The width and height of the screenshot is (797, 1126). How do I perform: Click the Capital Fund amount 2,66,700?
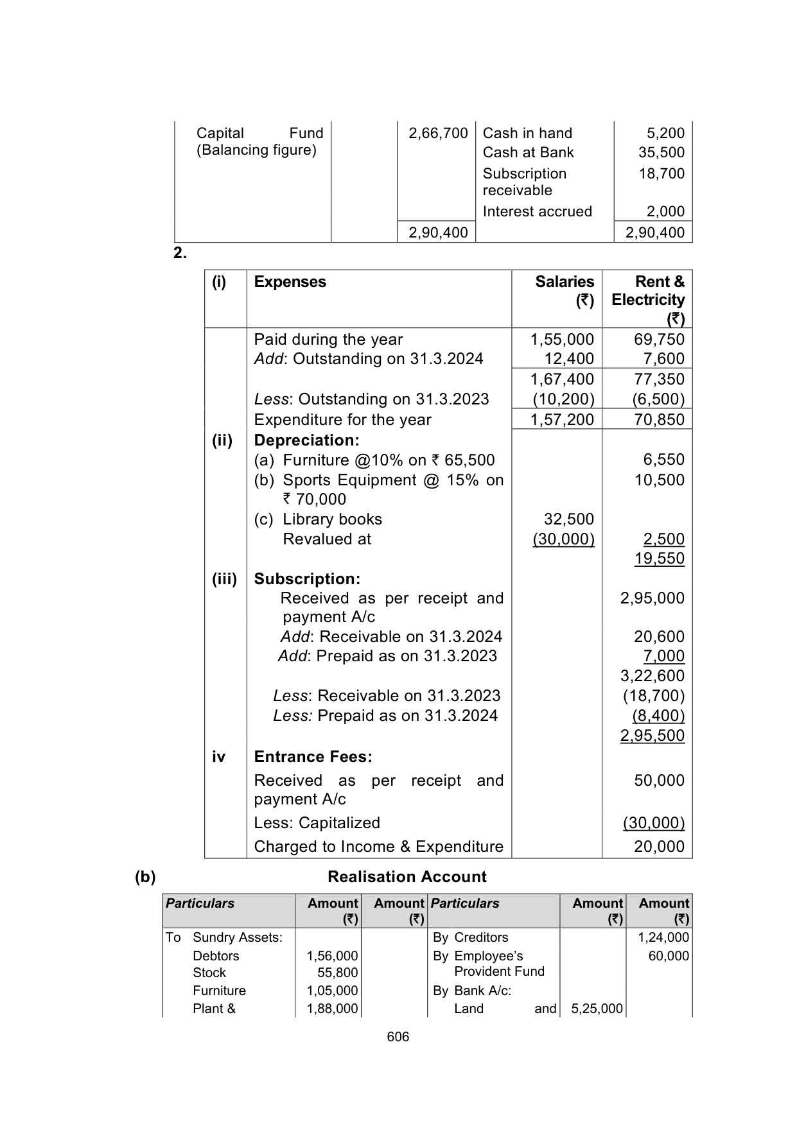tap(438, 134)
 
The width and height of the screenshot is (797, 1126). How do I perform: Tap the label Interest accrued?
tap(537, 212)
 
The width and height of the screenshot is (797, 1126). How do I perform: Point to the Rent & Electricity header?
tap(648, 299)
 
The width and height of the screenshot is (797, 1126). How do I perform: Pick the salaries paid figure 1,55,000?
tap(562, 340)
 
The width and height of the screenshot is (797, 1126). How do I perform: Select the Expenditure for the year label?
tap(342, 420)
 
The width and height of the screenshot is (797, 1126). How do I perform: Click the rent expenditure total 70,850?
tap(659, 420)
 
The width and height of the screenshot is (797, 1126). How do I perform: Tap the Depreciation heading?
tap(306, 440)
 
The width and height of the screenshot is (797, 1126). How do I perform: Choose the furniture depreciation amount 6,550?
tap(663, 460)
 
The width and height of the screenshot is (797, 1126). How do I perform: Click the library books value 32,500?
tap(568, 519)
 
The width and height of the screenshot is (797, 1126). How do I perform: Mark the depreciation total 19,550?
tap(659, 559)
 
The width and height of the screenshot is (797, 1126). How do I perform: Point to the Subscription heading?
tap(307, 579)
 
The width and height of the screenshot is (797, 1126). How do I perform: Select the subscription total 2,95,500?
tap(652, 736)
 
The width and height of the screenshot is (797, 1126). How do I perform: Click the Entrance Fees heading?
tap(313, 757)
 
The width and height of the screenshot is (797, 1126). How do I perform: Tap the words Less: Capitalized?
tap(317, 823)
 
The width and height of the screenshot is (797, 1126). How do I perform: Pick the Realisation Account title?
tap(407, 877)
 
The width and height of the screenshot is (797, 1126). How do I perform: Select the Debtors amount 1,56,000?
tap(332, 956)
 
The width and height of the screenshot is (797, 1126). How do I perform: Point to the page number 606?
tap(398, 1037)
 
